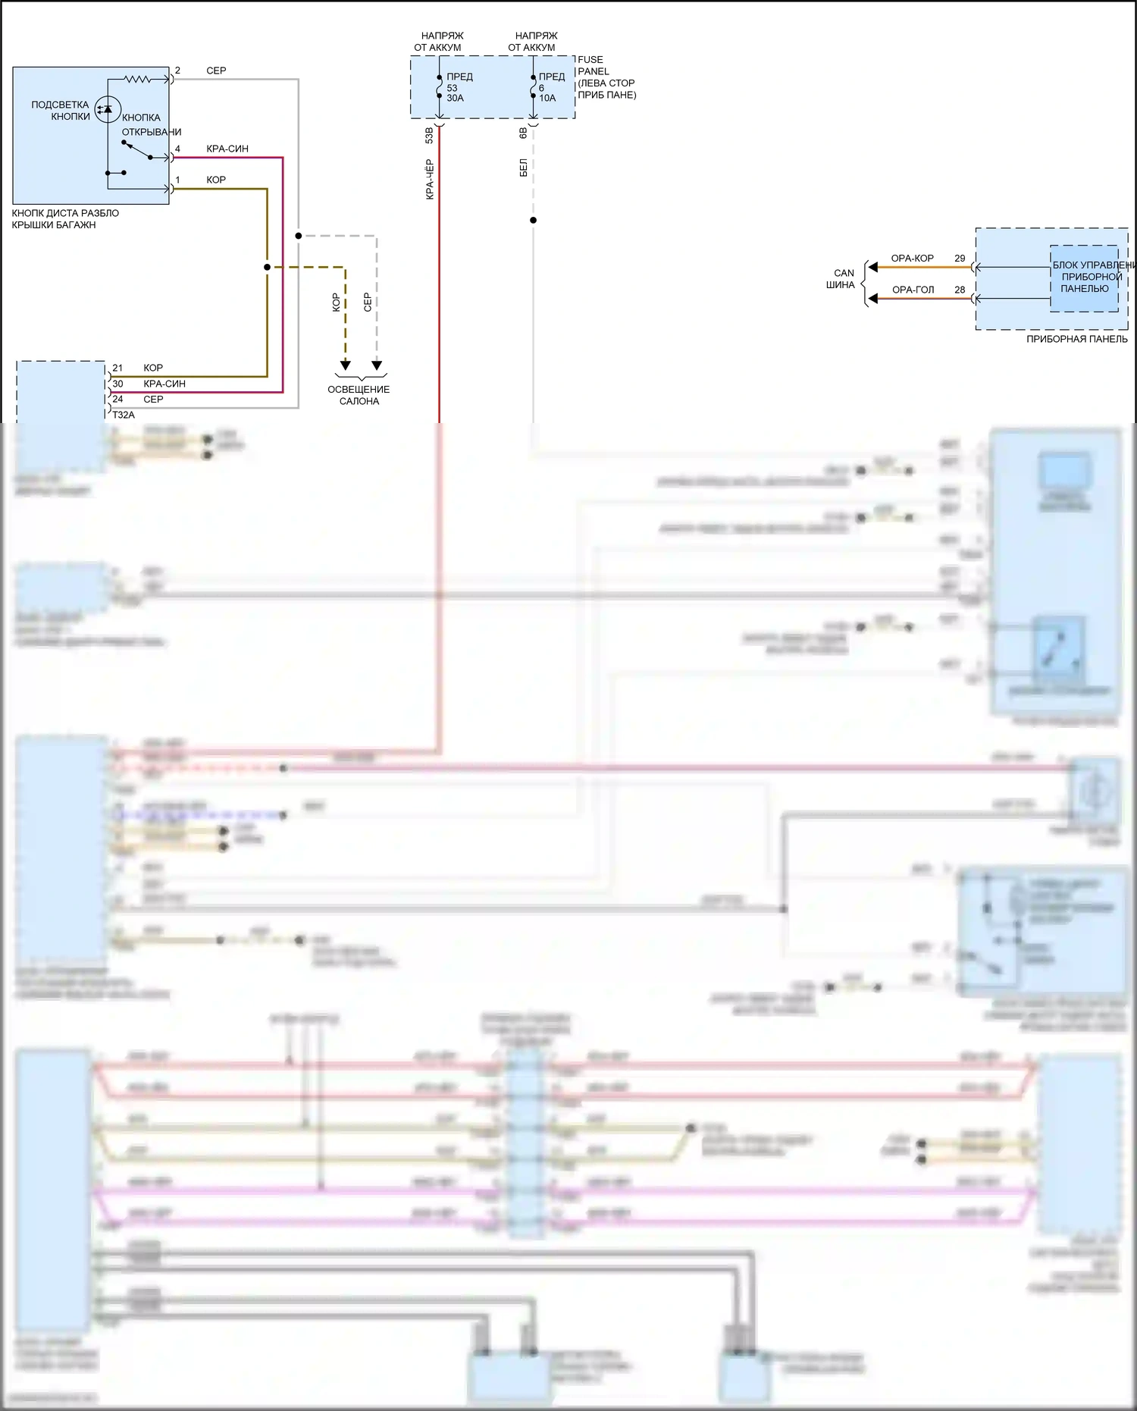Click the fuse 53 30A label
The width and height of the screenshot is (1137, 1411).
pos(456,88)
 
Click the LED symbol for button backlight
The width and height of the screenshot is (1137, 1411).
pos(108,110)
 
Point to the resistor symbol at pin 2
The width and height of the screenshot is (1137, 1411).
pos(138,79)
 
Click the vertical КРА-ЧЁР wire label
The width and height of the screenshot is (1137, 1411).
pos(430,179)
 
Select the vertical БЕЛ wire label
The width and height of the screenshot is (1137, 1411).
pos(523,168)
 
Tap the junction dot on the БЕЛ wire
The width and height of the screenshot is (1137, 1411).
pos(533,221)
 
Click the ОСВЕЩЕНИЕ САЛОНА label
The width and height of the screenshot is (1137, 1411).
pos(359,395)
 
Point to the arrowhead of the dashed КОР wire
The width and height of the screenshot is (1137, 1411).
pos(345,365)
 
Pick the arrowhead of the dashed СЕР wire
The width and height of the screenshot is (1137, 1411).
pos(377,365)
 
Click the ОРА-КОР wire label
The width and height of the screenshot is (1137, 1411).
pos(912,259)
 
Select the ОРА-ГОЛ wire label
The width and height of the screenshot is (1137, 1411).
pos(913,290)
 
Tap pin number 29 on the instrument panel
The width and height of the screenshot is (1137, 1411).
pos(960,259)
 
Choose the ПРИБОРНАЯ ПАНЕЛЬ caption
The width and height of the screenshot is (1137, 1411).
pos(1076,339)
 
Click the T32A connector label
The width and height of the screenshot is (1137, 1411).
pos(124,415)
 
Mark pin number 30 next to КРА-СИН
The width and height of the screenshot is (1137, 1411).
pos(117,384)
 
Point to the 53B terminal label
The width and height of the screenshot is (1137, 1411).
pos(430,135)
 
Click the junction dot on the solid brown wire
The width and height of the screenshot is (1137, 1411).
pos(267,267)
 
